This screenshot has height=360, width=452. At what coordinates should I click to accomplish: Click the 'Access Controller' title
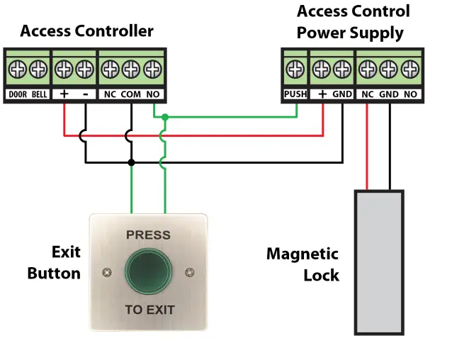[x=86, y=31]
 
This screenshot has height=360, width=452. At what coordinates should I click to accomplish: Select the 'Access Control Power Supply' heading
[x=352, y=22]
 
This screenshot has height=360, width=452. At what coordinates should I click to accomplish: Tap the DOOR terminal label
[x=18, y=94]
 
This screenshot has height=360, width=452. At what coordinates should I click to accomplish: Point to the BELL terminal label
[x=40, y=94]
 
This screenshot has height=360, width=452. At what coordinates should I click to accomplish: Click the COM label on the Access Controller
[x=130, y=94]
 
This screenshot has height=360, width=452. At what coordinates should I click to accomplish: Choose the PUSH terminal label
[x=294, y=94]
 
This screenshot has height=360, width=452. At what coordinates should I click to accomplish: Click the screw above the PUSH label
[x=294, y=69]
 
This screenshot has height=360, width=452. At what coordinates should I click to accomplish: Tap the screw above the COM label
[x=130, y=69]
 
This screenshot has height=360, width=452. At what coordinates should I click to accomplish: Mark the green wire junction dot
[x=164, y=117]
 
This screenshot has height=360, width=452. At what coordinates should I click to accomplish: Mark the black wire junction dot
[x=130, y=162]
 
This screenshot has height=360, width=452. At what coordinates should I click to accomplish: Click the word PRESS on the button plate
[x=148, y=235]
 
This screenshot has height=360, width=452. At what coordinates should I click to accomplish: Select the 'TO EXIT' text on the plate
[x=149, y=310]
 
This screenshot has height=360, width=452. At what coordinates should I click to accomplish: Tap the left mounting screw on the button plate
[x=107, y=272]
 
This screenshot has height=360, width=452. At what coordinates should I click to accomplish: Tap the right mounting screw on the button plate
[x=189, y=272]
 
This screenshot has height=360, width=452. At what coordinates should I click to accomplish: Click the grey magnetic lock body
[x=378, y=261]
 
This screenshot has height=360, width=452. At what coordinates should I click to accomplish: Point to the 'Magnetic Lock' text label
[x=303, y=264]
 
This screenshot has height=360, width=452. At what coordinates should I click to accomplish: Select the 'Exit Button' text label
[x=54, y=262]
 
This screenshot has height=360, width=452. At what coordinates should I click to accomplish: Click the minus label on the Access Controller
[x=85, y=94]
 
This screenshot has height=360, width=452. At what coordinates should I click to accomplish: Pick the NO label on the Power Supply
[x=409, y=94]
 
